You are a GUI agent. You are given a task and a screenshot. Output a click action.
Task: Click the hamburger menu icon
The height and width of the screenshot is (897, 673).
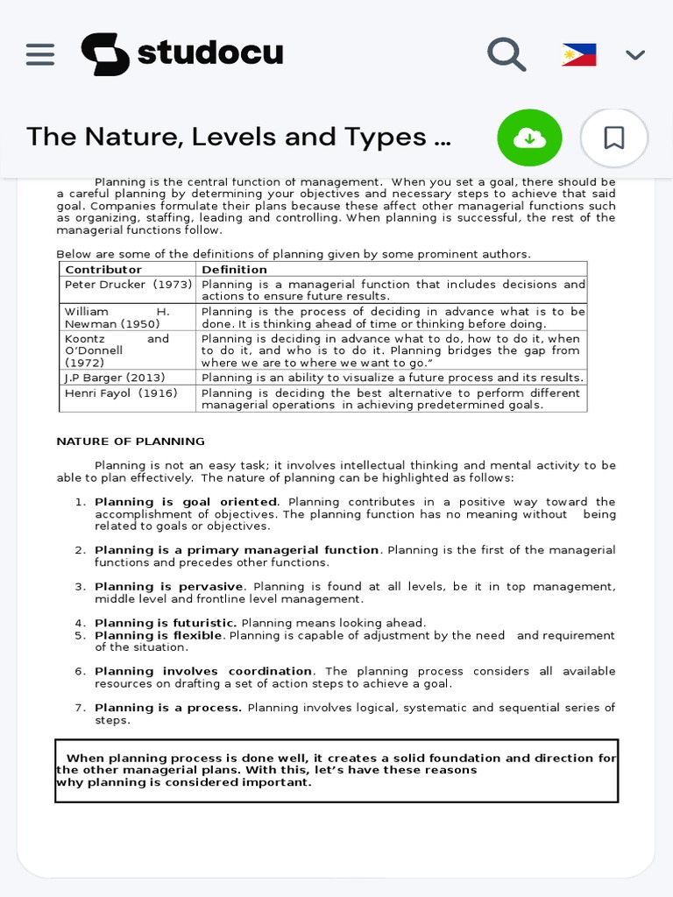point(40,54)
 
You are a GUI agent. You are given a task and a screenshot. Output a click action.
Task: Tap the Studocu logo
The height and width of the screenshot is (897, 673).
point(182,54)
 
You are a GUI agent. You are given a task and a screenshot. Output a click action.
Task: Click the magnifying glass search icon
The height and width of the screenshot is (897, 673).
point(507,54)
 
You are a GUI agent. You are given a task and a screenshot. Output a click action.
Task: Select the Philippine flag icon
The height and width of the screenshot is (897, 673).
point(578,55)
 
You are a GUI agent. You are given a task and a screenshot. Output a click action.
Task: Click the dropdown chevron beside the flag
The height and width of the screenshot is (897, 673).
point(635,55)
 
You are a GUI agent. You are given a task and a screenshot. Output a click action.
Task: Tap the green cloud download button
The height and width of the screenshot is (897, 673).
point(529,138)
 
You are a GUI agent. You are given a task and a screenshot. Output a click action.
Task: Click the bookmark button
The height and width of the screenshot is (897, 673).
point(614,138)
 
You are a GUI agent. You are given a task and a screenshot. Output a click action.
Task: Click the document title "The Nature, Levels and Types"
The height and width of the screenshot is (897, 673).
point(239,138)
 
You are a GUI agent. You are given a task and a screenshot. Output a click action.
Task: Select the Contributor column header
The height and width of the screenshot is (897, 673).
point(103,270)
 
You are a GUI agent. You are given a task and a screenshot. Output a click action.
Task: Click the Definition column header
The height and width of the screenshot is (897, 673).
point(234,270)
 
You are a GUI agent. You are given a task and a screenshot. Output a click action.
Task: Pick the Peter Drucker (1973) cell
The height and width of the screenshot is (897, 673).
point(128,285)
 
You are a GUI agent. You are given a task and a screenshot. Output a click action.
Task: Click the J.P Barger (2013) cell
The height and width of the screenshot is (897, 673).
point(115,378)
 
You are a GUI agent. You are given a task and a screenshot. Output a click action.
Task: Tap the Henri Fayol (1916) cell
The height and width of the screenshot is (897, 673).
point(121,393)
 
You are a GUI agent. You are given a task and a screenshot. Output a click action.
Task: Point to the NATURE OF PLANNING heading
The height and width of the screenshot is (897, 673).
point(131,441)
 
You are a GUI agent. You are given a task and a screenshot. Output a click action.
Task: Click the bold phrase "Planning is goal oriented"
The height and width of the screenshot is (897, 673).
point(187,502)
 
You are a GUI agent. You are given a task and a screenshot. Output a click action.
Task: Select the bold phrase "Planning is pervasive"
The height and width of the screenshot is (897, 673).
point(169,587)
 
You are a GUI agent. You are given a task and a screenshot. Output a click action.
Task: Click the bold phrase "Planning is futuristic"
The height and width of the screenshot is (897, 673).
point(166,623)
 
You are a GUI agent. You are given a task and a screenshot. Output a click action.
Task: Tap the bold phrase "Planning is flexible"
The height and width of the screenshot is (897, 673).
point(159,635)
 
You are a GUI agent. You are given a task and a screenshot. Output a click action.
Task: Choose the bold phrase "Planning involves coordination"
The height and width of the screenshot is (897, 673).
point(203,671)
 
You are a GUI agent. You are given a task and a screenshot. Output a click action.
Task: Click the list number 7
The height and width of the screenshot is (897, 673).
point(79,708)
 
